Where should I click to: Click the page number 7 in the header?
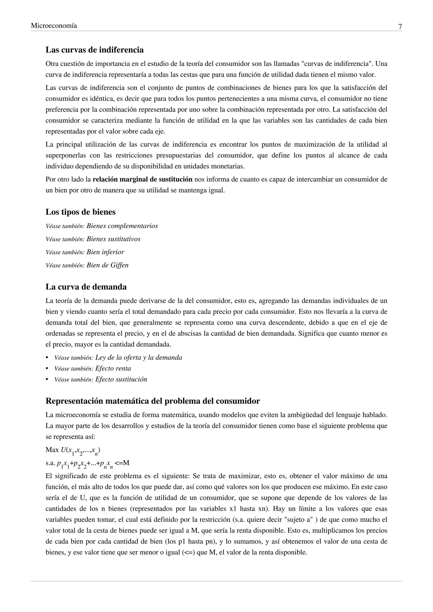[x=400, y=27]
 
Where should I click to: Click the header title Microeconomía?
[x=54, y=26]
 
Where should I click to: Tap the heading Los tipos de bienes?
[x=81, y=212]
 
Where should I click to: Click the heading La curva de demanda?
[x=86, y=287]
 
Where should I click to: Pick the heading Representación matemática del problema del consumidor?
[x=152, y=401]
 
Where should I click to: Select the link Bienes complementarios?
[x=122, y=226]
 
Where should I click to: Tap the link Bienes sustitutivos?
[x=113, y=239]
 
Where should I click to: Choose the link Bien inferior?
[x=105, y=252]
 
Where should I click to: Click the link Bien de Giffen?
[x=107, y=265]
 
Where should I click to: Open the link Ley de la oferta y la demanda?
[x=139, y=358]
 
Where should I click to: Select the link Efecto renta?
[x=113, y=369]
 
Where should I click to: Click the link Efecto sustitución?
[x=121, y=380]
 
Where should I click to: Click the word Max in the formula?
[x=52, y=450]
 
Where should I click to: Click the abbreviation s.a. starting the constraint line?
[x=50, y=463]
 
